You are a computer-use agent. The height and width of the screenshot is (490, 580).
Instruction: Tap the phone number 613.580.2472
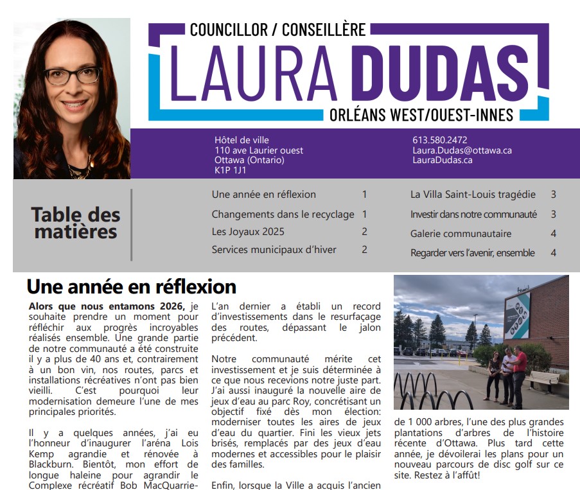[439, 139]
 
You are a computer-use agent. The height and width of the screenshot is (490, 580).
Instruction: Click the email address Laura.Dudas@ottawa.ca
[461, 150]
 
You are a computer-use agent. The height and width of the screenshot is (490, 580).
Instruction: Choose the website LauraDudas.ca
[442, 160]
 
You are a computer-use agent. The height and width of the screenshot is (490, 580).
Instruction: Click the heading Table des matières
[75, 223]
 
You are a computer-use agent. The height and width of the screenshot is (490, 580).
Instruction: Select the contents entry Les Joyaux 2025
[248, 231]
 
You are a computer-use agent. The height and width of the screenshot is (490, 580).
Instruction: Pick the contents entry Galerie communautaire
[461, 234]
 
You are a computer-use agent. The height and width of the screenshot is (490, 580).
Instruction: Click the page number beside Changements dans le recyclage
[364, 214]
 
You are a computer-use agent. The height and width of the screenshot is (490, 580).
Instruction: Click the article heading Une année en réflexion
[131, 286]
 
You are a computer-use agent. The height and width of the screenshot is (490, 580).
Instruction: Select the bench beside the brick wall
[543, 379]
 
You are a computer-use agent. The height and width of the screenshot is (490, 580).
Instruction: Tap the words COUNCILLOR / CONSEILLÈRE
[277, 29]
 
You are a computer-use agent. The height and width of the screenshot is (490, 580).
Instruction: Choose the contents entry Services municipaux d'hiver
[274, 250]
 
